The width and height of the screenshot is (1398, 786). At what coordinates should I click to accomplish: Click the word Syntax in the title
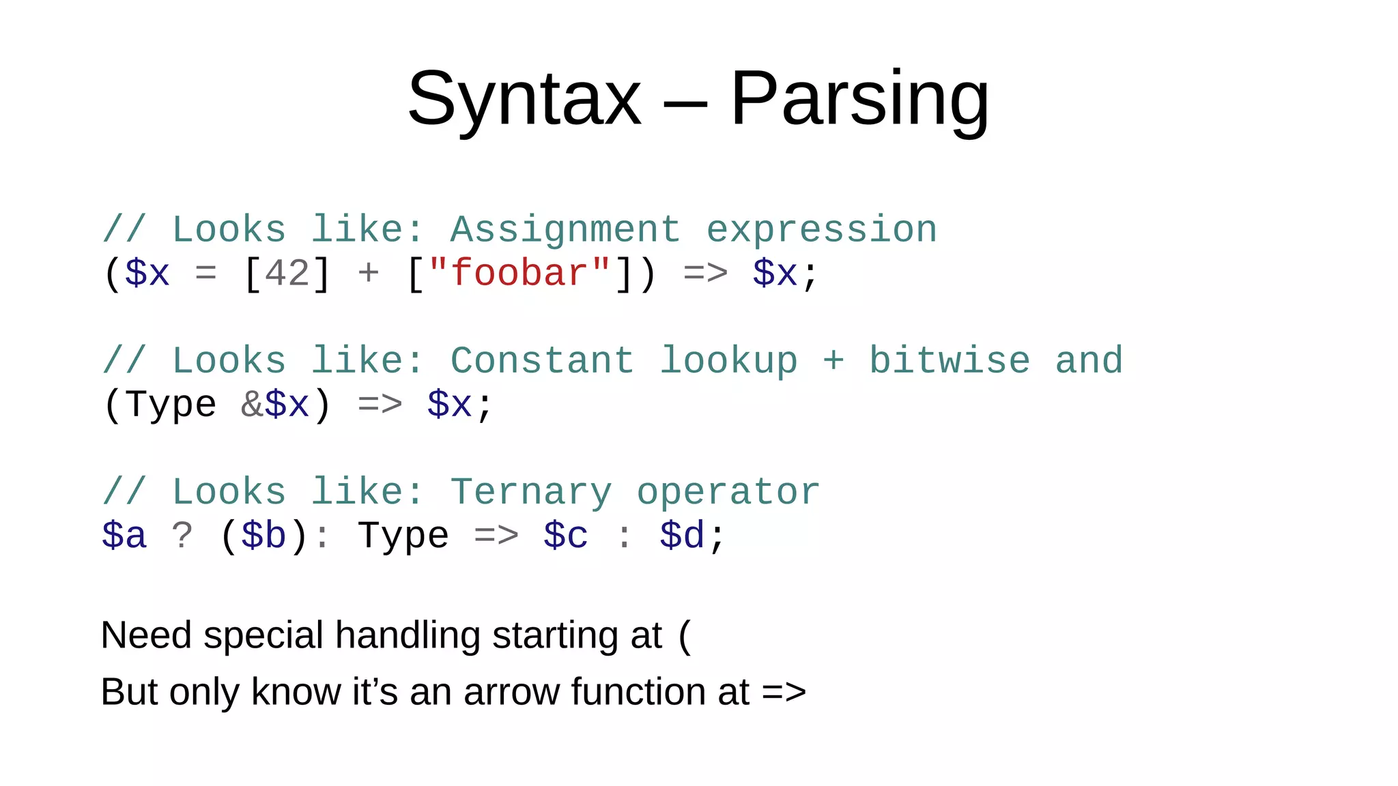[524, 100]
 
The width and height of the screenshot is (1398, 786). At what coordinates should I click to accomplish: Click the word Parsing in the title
[859, 100]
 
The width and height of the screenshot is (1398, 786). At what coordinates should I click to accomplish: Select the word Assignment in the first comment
[565, 230]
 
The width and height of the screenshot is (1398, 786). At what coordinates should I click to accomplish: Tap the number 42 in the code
[287, 274]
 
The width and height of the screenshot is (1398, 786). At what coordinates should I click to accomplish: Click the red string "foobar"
[519, 274]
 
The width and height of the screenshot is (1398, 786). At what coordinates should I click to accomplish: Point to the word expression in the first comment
[821, 230]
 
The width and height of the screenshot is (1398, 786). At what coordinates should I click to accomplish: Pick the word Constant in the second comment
[542, 361]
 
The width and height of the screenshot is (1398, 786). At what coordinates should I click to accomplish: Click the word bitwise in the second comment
[949, 361]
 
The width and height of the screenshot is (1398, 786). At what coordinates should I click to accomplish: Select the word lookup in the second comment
[728, 361]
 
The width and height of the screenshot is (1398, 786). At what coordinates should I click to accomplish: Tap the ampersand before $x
[252, 405]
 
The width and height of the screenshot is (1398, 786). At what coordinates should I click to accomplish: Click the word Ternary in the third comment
[530, 492]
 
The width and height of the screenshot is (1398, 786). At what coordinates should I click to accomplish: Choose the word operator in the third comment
[728, 492]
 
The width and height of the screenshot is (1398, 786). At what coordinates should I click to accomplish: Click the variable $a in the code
[124, 536]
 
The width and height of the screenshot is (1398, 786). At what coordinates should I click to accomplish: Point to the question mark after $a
[182, 536]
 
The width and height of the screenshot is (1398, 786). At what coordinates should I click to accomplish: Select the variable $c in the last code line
[566, 536]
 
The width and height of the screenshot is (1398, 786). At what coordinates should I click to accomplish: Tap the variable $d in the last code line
[682, 536]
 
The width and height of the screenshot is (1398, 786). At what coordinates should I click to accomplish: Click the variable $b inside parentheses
[263, 536]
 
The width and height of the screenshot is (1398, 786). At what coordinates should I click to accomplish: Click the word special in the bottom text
[263, 636]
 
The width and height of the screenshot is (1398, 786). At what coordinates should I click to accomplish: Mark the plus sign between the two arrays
[368, 274]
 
